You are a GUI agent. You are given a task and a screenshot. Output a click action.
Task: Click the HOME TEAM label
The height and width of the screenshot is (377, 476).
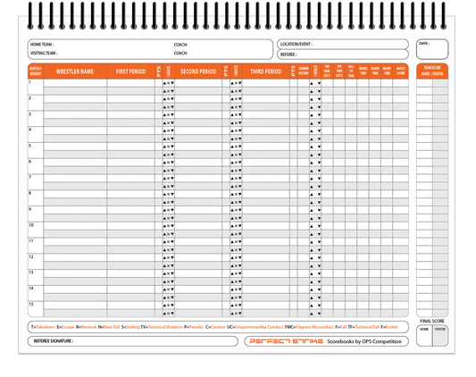click(x=42, y=44)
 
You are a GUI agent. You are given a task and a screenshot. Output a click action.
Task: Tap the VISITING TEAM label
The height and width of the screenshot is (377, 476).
click(x=44, y=53)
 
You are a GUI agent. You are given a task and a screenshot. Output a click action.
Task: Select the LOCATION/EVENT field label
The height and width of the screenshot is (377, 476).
click(x=296, y=44)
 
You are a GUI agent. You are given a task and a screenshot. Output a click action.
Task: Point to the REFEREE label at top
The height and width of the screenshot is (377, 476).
click(x=288, y=54)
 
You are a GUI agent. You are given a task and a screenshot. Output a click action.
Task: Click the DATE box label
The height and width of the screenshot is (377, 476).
click(x=423, y=43)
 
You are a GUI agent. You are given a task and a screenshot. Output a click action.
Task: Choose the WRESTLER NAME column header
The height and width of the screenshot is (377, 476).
click(x=75, y=71)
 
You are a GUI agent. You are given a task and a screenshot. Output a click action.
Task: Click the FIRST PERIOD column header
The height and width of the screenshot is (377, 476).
click(x=131, y=71)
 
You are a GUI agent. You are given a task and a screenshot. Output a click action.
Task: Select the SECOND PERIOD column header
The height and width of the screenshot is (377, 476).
click(x=197, y=71)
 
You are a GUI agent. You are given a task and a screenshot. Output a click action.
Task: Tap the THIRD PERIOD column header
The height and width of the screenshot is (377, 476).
click(x=265, y=71)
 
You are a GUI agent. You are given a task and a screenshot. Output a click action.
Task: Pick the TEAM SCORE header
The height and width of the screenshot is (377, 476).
click(x=432, y=67)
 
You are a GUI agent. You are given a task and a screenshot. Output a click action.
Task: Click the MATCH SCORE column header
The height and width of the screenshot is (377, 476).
click(x=400, y=71)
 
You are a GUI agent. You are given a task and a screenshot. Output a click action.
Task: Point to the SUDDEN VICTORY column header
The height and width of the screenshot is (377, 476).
click(x=303, y=71)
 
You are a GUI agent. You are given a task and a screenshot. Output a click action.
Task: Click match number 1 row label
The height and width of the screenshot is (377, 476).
click(x=30, y=82)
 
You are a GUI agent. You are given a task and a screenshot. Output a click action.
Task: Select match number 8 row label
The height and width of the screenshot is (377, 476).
click(x=30, y=193)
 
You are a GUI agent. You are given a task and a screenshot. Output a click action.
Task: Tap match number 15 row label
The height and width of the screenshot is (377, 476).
click(x=31, y=304)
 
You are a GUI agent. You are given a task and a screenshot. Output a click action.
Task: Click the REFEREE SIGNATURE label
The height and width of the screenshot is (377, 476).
click(x=54, y=341)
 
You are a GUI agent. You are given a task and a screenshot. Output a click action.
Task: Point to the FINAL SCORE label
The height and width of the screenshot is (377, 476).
click(x=432, y=320)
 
